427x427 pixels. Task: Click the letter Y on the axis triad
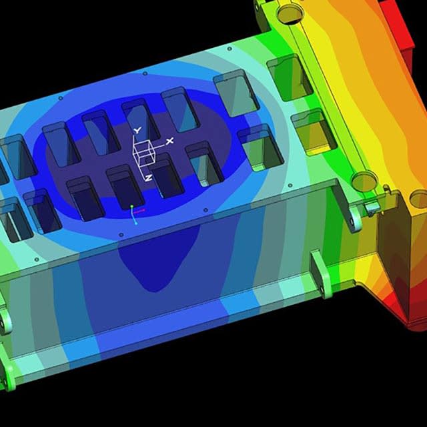(x=137, y=131)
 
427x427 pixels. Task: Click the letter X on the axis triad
(x=169, y=141)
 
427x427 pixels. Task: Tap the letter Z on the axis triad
(x=148, y=178)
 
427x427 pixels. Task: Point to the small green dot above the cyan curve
(x=132, y=206)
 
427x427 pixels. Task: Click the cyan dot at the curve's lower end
(x=136, y=224)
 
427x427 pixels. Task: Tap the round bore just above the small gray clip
(x=364, y=181)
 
